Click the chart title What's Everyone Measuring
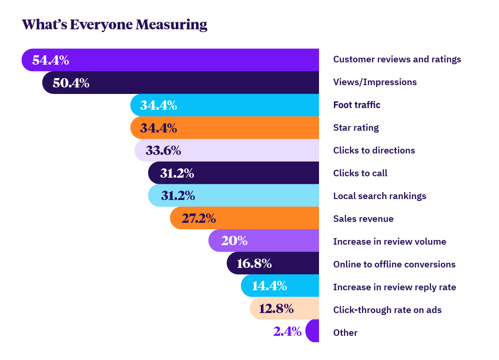coord(114,25)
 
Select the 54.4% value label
coord(51,60)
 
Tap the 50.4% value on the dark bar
coord(71,83)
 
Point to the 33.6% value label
coord(163,151)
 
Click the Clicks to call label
coord(360,173)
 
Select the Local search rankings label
coord(379,196)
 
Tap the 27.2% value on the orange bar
coord(199,219)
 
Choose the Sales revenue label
coord(363,219)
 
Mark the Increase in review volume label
coord(389,242)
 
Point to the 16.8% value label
coord(254,264)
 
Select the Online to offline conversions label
coord(394,265)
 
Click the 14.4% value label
coord(269,286)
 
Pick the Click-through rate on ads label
coord(387,310)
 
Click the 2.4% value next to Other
coord(287,332)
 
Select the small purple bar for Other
coord(313,331)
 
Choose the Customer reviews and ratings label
coord(397,60)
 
